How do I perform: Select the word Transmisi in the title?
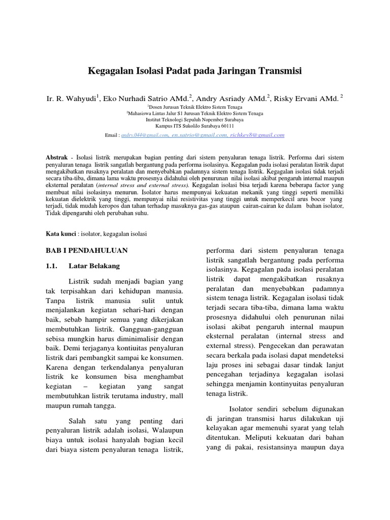click(x=278, y=71)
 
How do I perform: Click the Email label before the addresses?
click(x=111, y=136)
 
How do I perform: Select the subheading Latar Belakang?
click(x=94, y=266)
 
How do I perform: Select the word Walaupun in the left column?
click(x=164, y=432)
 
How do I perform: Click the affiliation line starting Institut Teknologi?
click(x=194, y=120)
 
